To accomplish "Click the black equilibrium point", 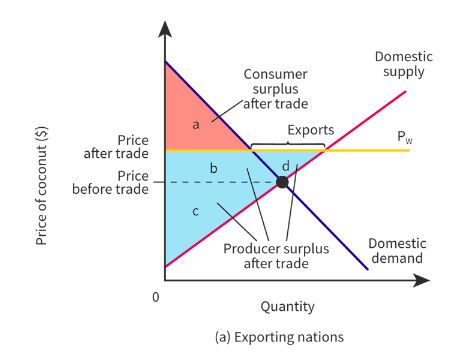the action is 282,182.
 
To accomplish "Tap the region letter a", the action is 196,124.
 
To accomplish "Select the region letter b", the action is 212,169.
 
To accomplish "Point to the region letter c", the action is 195,211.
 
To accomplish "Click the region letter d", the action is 286,165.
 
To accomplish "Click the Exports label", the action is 311,130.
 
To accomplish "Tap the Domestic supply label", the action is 400,63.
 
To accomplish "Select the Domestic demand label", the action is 398,250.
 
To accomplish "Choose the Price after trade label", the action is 117,146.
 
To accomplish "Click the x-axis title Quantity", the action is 287,306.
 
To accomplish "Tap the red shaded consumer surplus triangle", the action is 190,115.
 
